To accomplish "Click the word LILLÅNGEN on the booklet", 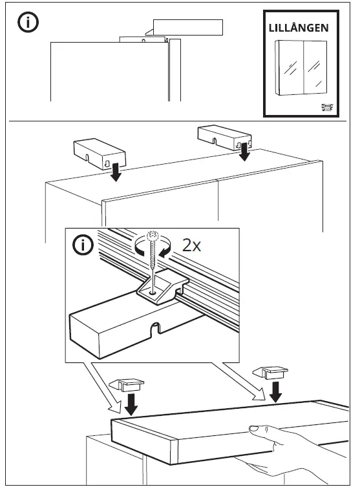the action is pyautogui.click(x=299, y=28).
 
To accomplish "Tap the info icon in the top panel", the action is pyautogui.click(x=28, y=23).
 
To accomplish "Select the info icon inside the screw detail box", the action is pyautogui.click(x=83, y=245).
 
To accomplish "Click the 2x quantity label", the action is pyautogui.click(x=191, y=245).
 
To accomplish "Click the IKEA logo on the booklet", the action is pyautogui.click(x=328, y=108).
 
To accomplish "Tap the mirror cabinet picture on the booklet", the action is pyautogui.click(x=301, y=67).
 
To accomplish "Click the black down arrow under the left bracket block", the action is pyautogui.click(x=116, y=172).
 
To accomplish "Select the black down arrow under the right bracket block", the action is pyautogui.click(x=244, y=152).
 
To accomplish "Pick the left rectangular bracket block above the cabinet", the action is pyautogui.click(x=100, y=154).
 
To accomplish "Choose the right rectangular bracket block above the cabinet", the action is pyautogui.click(x=224, y=138).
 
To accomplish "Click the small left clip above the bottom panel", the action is pyautogui.click(x=127, y=385).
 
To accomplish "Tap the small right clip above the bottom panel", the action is pyautogui.click(x=270, y=373).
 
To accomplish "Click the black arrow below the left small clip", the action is pyautogui.click(x=131, y=404).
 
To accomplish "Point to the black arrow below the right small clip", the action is pyautogui.click(x=276, y=391).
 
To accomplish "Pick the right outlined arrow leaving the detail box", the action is pyautogui.click(x=239, y=381).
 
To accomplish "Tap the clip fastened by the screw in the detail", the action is pyautogui.click(x=162, y=286).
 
